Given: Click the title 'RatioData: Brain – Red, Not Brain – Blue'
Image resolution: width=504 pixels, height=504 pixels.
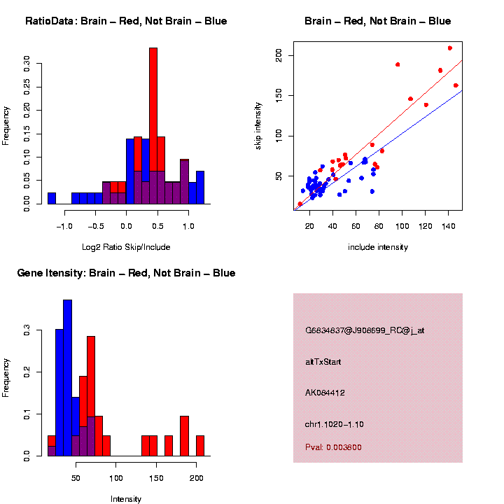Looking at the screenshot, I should click(x=126, y=21).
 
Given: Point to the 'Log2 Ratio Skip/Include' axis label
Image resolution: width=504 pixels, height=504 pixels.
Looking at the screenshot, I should click(x=127, y=246).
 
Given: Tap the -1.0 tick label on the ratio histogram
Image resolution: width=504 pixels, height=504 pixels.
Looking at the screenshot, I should click(x=64, y=225).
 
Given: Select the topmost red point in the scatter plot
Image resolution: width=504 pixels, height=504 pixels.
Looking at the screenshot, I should click(x=449, y=48).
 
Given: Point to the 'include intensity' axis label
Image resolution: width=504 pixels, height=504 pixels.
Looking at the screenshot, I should click(x=377, y=247).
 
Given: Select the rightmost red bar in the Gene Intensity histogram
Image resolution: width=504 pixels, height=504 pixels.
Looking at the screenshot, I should click(x=199, y=445).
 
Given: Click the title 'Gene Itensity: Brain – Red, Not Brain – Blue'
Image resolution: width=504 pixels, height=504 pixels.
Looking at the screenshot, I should click(x=126, y=272).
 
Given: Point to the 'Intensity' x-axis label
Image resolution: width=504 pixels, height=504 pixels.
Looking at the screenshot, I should click(x=126, y=499).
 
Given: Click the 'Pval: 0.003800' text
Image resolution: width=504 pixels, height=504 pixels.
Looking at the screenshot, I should click(x=333, y=447).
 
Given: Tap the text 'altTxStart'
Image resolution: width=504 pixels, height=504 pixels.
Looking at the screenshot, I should click(x=323, y=362).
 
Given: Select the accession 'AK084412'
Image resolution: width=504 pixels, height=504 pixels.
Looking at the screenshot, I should click(x=325, y=393).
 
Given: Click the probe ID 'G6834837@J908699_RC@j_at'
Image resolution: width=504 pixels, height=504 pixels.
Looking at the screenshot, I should click(x=364, y=330).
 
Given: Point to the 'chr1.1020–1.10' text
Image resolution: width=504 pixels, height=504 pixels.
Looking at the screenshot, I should click(x=334, y=424).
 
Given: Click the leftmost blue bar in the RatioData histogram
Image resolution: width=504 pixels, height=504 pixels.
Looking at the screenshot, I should click(x=52, y=198).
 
